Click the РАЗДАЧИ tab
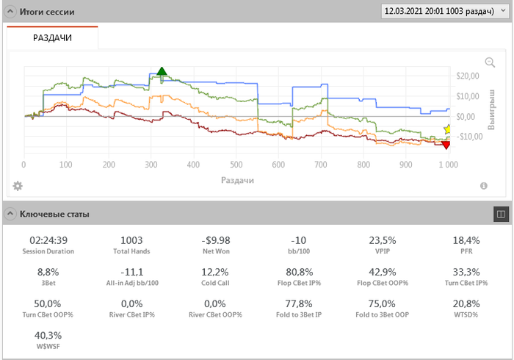[x=52, y=38]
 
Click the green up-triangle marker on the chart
[x=162, y=71]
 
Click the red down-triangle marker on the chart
[x=446, y=145]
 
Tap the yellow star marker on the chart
[x=449, y=129]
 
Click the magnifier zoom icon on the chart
[x=490, y=63]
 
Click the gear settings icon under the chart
[x=18, y=186]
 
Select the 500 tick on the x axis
[x=236, y=165]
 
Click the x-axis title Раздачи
[x=236, y=179]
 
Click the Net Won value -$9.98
[x=216, y=240]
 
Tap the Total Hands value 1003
[x=131, y=240]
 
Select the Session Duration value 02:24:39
[x=48, y=240]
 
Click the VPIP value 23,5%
[x=382, y=240]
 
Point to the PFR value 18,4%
[x=466, y=240]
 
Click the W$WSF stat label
[x=48, y=346]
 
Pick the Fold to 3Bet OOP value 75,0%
[x=382, y=303]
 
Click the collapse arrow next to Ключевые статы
[x=10, y=214]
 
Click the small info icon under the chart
[x=484, y=186]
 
